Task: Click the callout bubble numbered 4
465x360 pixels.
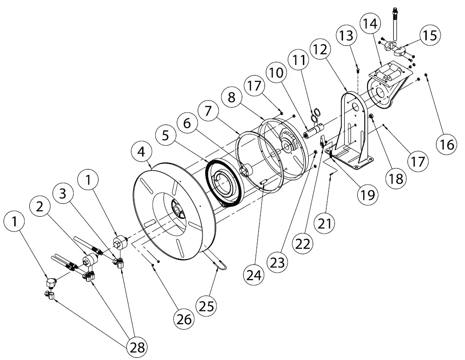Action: tap(141, 151)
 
